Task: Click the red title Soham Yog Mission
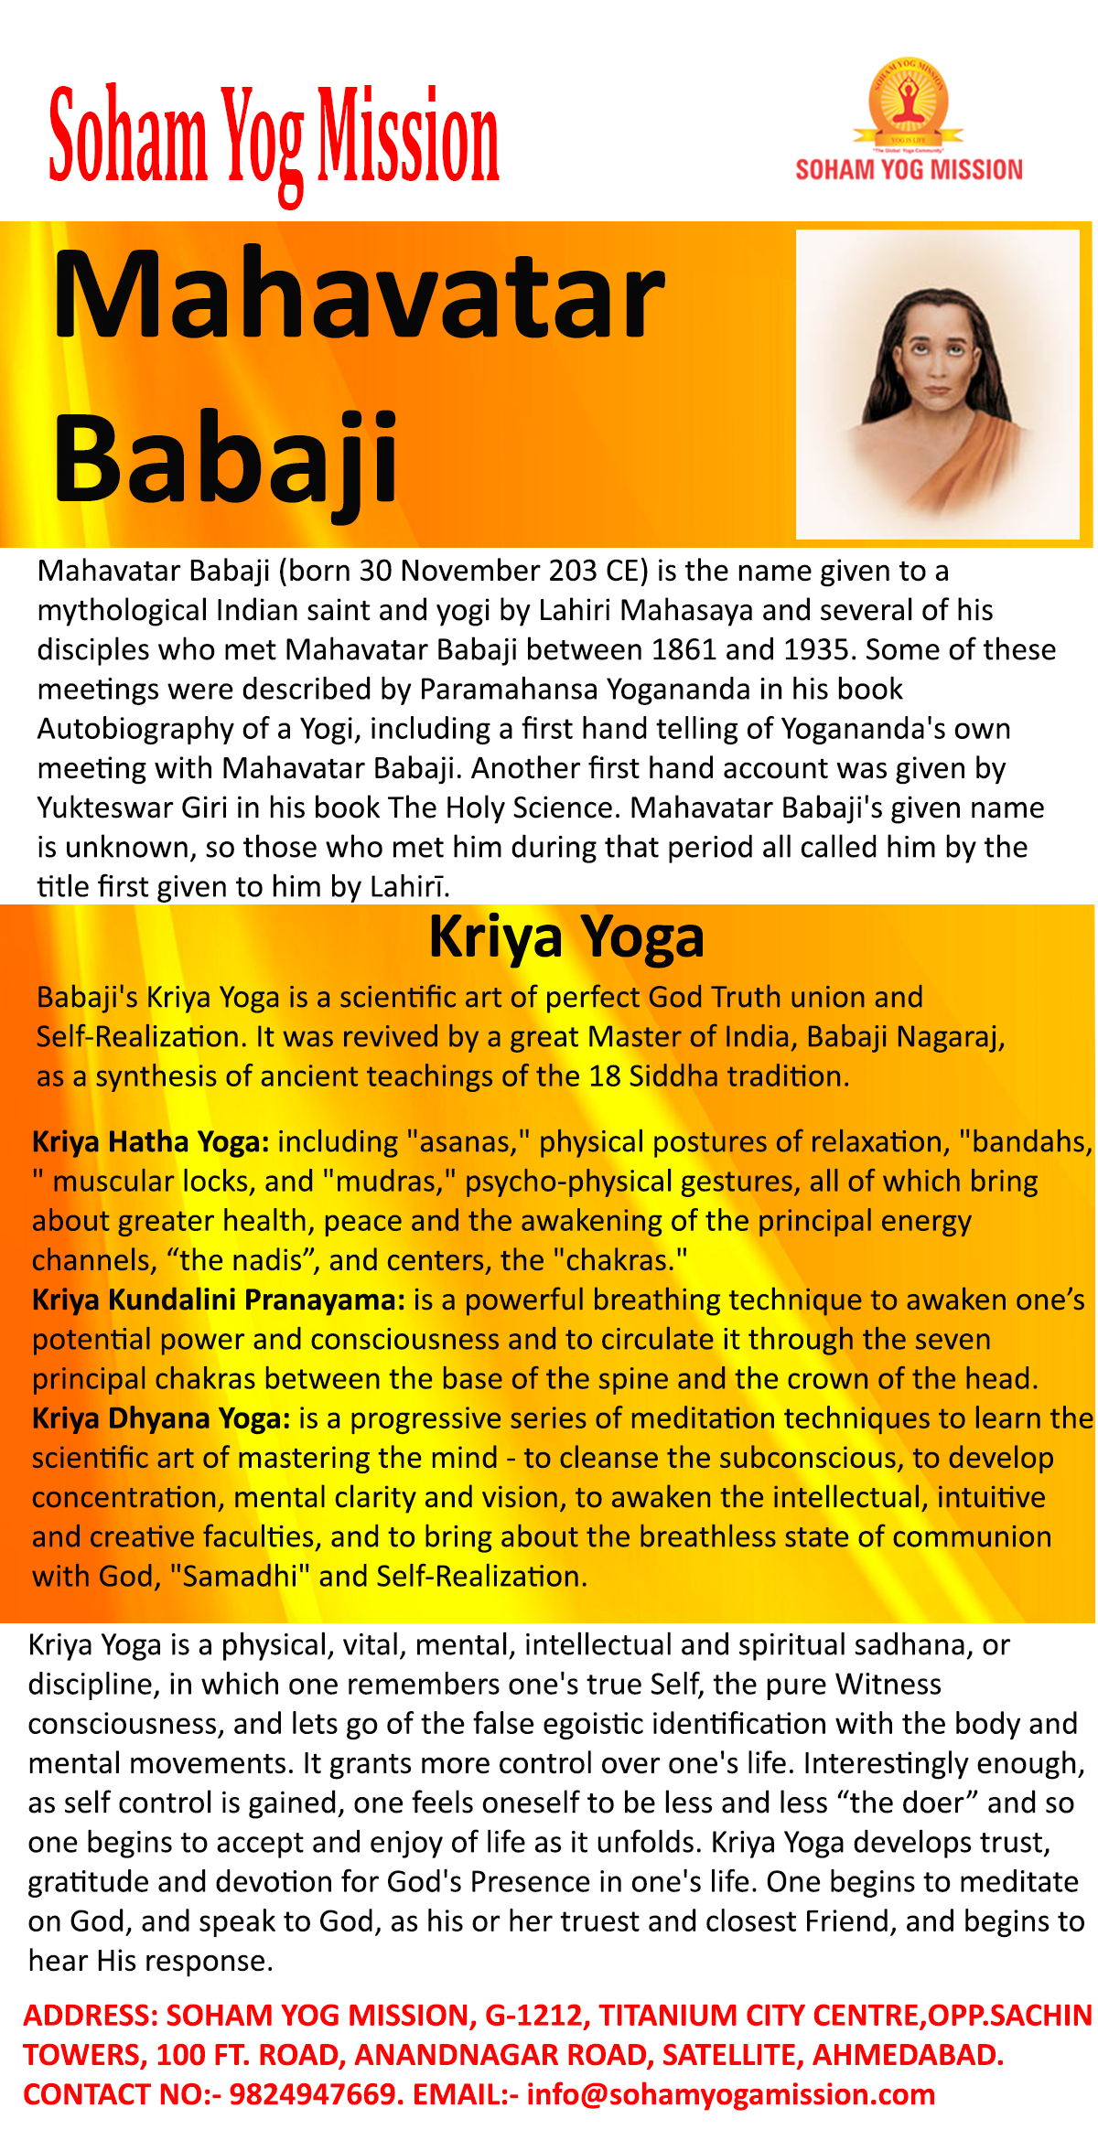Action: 274,137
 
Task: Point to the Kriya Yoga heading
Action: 566,937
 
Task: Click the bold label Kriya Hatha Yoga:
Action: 151,1142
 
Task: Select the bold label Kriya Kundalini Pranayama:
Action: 219,1300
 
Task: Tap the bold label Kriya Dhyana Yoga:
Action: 161,1418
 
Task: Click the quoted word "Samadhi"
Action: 241,1577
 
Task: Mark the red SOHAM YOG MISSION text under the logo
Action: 909,170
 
